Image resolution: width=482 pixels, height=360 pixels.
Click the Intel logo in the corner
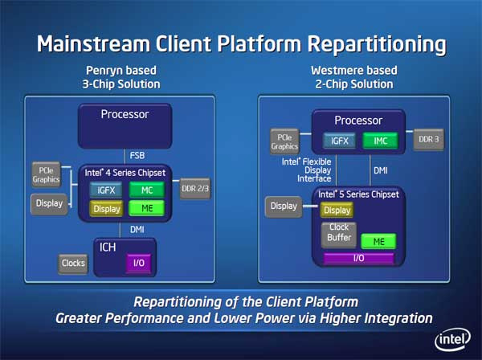click(x=451, y=338)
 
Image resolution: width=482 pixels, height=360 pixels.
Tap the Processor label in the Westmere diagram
click(x=357, y=121)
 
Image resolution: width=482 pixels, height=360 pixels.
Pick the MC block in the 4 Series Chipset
click(x=146, y=189)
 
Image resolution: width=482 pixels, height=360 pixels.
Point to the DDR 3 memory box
click(x=427, y=140)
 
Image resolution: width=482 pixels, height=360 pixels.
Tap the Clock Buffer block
click(x=337, y=234)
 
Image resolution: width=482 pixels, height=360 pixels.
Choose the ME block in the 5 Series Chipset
click(x=378, y=240)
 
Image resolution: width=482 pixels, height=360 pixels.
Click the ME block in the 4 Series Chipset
click(x=146, y=208)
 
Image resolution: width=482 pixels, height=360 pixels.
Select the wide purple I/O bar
click(x=357, y=258)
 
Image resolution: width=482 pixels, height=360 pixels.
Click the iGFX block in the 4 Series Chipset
click(x=105, y=189)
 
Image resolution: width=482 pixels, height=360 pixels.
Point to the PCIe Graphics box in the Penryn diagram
click(x=44, y=174)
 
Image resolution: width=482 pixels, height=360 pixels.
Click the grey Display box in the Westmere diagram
click(x=284, y=207)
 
